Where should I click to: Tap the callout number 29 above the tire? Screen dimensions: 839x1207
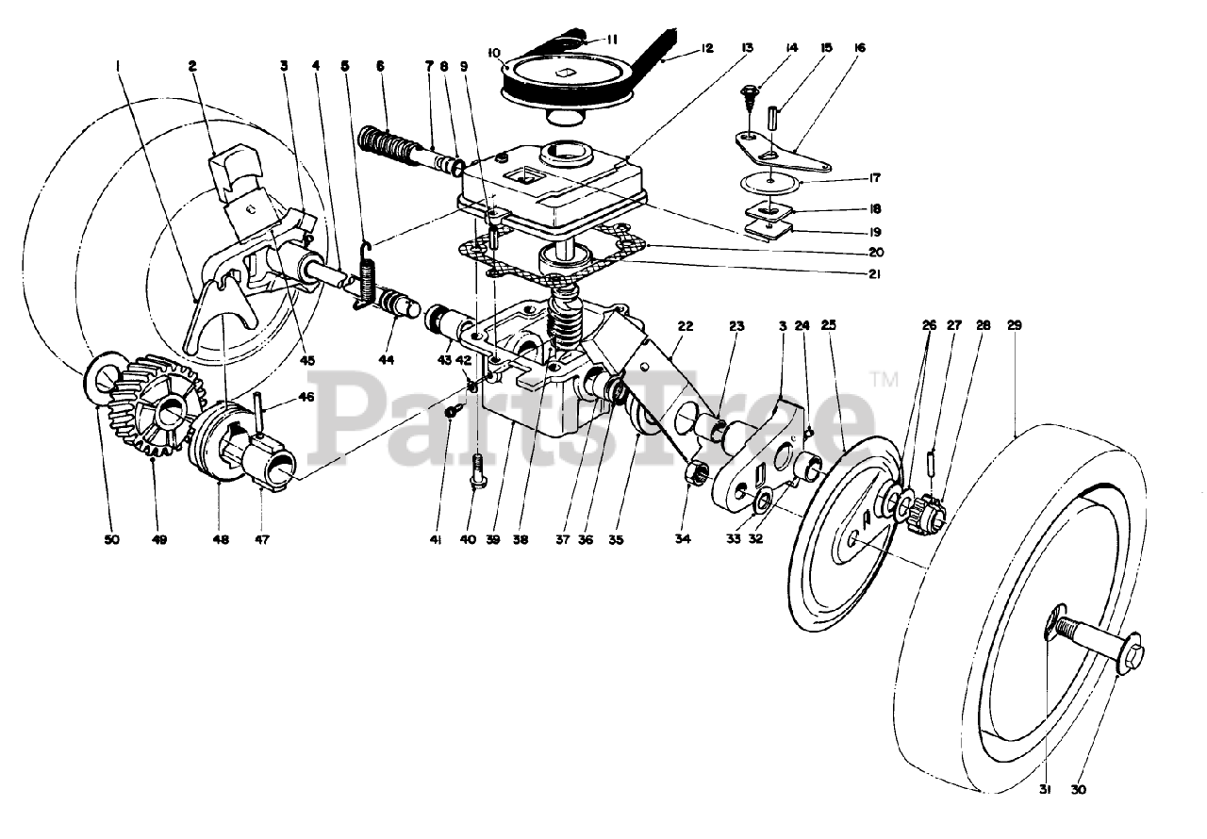click(x=1015, y=325)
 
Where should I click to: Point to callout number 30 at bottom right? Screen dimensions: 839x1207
click(x=1079, y=789)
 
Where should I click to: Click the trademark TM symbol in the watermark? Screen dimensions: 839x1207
click(x=884, y=380)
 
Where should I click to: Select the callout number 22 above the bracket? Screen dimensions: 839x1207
click(x=686, y=325)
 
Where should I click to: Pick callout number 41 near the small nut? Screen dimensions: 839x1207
click(x=436, y=540)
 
